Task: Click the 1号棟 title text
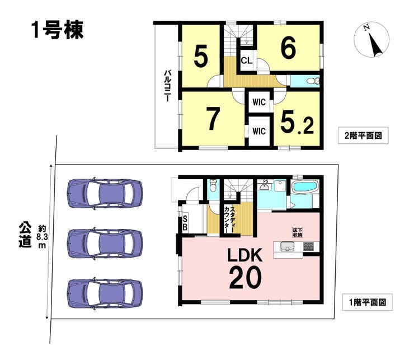[x=57, y=30]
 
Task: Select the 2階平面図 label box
[x=363, y=135]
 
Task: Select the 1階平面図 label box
[x=367, y=302]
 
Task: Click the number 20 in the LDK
[x=245, y=277]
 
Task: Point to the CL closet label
[x=247, y=60]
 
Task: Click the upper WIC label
[x=258, y=102]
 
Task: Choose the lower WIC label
[x=258, y=132]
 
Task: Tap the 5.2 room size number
[x=297, y=123]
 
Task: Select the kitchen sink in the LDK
[x=287, y=246]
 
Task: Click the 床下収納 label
[x=297, y=232]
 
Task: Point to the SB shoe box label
[x=185, y=223]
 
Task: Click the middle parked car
[x=105, y=244]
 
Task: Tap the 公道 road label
[x=25, y=235]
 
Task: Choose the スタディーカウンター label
[x=229, y=219]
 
